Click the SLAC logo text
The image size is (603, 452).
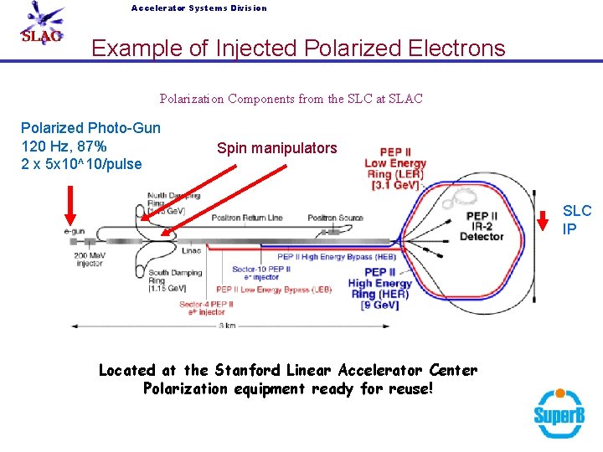(x=41, y=37)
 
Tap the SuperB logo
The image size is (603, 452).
(x=559, y=413)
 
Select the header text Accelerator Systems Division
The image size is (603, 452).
(x=198, y=8)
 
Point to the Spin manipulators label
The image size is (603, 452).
(x=276, y=148)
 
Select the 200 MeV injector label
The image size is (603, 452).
(x=88, y=259)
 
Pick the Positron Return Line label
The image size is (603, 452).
(x=247, y=218)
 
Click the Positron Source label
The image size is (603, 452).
(x=335, y=218)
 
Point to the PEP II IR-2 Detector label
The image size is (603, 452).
(x=482, y=227)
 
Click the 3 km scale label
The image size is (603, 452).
(x=227, y=326)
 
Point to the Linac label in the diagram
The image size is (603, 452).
(x=191, y=250)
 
